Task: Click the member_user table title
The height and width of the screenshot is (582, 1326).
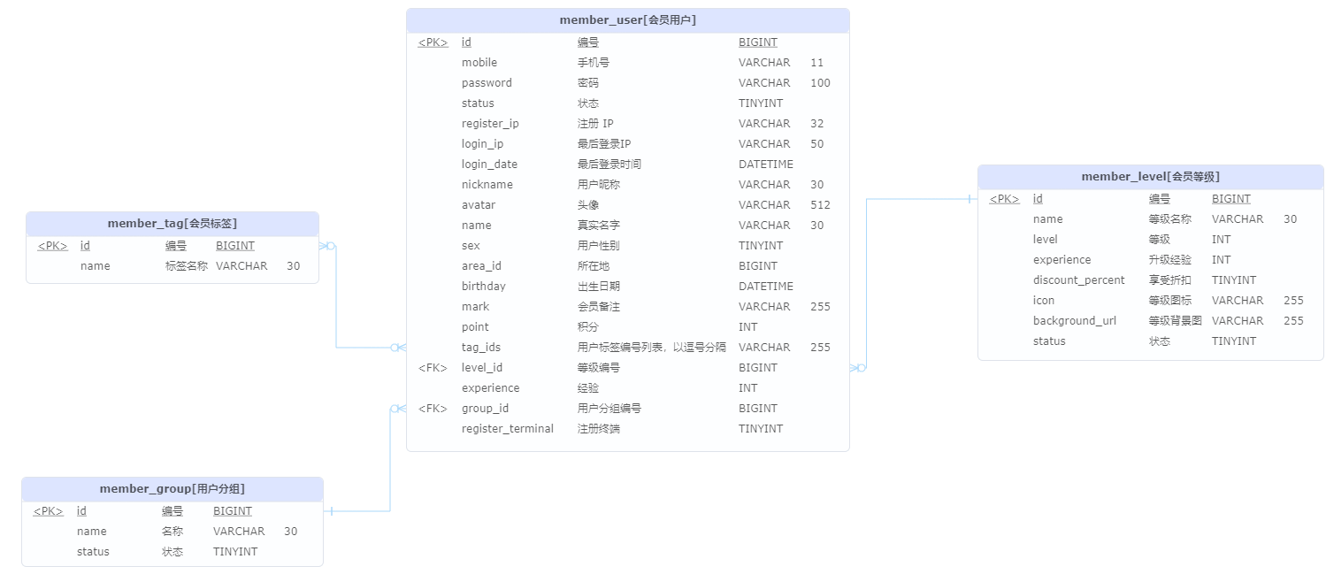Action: (x=627, y=19)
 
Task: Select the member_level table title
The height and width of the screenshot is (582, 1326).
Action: (x=1150, y=176)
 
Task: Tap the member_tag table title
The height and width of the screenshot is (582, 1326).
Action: (x=172, y=224)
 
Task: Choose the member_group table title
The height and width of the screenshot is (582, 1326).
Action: (x=172, y=489)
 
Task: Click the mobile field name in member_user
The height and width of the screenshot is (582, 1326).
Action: (x=479, y=63)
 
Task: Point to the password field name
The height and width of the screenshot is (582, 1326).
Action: (x=487, y=83)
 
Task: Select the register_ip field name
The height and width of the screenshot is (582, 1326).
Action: (x=490, y=124)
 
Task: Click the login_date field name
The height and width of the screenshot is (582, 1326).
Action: (x=489, y=165)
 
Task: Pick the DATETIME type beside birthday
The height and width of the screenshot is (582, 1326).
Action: (x=765, y=287)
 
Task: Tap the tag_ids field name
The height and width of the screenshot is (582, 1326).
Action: (x=481, y=348)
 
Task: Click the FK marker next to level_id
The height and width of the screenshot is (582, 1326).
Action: (x=433, y=368)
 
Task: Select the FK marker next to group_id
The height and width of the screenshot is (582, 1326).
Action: (x=433, y=409)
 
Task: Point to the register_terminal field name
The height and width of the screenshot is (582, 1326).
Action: (x=508, y=429)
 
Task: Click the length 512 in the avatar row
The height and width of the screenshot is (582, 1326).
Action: (x=820, y=205)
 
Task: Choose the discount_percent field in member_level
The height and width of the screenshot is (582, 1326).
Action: (x=1078, y=280)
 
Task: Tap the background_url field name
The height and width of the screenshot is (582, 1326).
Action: (x=1074, y=321)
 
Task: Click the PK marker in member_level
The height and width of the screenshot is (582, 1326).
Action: (x=1004, y=199)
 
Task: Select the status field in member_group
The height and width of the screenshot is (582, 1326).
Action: (x=93, y=552)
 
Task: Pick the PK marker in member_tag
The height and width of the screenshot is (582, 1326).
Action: (x=52, y=246)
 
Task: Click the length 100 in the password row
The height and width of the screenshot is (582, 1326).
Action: (x=820, y=83)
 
